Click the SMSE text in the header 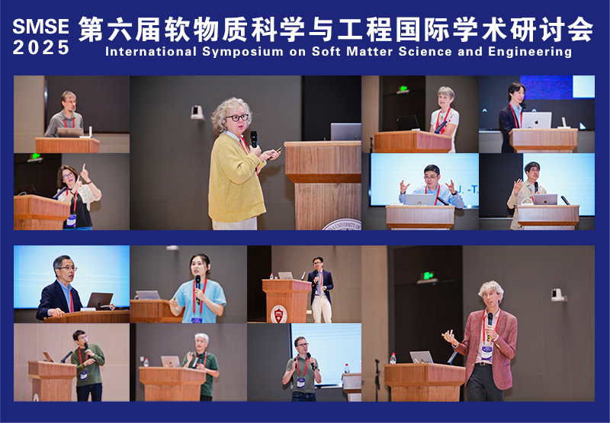tap(40, 27)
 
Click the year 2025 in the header tap(41, 48)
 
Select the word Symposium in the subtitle tap(242, 52)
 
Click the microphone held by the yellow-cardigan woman tap(254, 139)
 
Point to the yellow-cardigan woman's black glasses tap(237, 117)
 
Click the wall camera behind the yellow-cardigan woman tap(197, 112)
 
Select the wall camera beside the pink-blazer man tap(558, 295)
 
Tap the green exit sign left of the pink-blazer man tap(428, 276)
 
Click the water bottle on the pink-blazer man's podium tap(393, 358)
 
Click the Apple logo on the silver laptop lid tap(537, 121)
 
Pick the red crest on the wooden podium tap(279, 314)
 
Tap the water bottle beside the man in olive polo tap(347, 369)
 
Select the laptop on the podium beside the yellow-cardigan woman tap(346, 132)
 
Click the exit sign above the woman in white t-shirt tap(403, 90)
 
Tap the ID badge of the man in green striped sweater tap(84, 375)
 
